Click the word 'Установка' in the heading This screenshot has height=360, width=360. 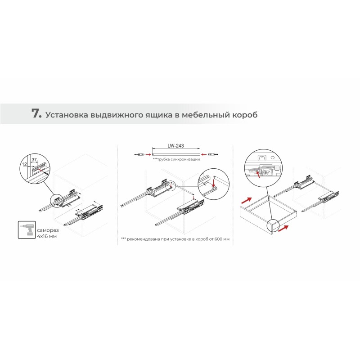point(67,115)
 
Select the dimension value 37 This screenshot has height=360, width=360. point(34,160)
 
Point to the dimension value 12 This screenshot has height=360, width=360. point(25,164)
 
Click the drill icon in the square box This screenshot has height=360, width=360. point(27,230)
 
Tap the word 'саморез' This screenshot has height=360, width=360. point(48,230)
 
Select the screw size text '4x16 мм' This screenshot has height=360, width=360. point(47,236)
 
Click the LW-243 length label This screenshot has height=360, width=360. point(175,146)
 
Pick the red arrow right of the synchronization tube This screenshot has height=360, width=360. point(204,154)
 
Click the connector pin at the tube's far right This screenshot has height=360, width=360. point(213,154)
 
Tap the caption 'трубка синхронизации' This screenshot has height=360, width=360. point(179,159)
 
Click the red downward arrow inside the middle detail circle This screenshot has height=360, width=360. point(214,183)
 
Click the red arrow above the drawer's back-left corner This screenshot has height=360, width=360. point(247,200)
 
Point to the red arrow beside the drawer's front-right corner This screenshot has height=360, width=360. point(283,229)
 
